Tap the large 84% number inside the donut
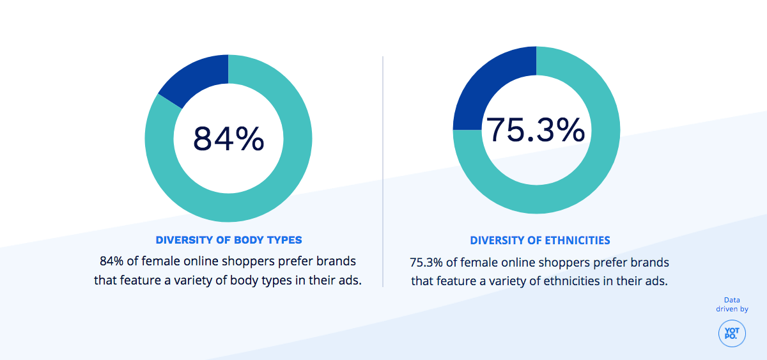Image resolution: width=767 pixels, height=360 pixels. (x=228, y=139)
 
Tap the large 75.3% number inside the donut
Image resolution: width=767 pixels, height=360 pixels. (x=536, y=130)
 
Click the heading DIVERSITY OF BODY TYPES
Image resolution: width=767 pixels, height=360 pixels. (x=229, y=240)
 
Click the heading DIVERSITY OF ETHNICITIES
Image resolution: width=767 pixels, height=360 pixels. (x=540, y=240)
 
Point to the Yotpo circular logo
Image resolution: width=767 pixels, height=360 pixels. (x=732, y=333)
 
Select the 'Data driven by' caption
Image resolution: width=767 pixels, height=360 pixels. (x=732, y=304)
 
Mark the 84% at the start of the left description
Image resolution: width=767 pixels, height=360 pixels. (x=112, y=262)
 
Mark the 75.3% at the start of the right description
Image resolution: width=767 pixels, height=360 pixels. (x=424, y=263)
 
